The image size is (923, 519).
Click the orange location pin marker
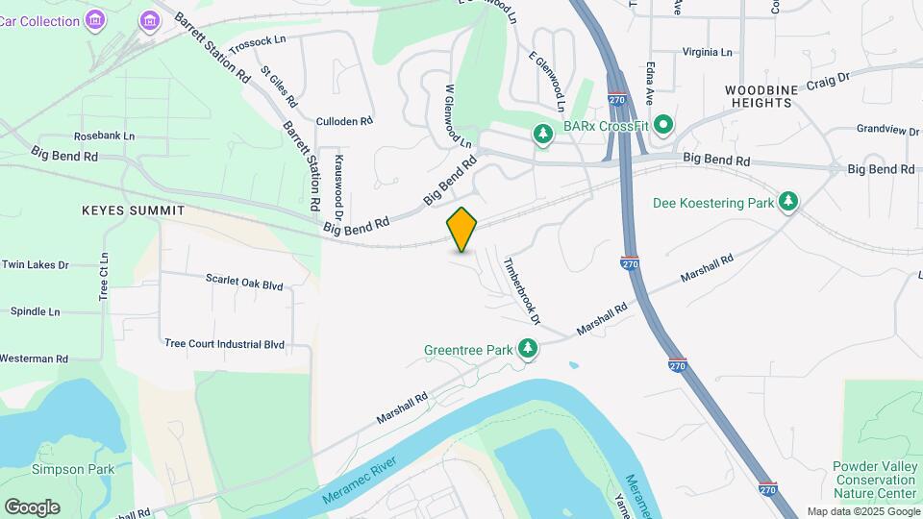pyautogui.click(x=462, y=229)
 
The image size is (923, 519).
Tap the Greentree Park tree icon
pyautogui.click(x=527, y=350)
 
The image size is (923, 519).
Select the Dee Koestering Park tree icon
pyautogui.click(x=788, y=202)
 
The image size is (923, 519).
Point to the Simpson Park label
pyautogui.click(x=60, y=469)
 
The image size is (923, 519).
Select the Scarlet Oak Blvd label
pyautogui.click(x=244, y=282)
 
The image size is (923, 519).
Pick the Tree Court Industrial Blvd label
pyautogui.click(x=225, y=343)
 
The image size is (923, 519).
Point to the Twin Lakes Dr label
pyautogui.click(x=35, y=264)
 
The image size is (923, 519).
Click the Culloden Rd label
pyautogui.click(x=344, y=122)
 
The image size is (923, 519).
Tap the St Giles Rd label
pyautogui.click(x=280, y=86)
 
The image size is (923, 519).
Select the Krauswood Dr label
pyautogui.click(x=338, y=179)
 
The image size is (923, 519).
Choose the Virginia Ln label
pyautogui.click(x=707, y=52)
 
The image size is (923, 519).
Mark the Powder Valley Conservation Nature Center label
pyautogui.click(x=874, y=480)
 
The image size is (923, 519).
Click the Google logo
pyautogui.click(x=32, y=507)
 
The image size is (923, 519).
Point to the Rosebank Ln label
pyautogui.click(x=104, y=136)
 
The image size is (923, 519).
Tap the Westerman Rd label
pyautogui.click(x=34, y=358)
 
